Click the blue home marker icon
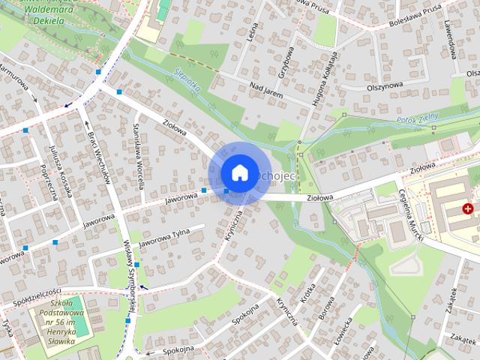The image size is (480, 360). (239, 172)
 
